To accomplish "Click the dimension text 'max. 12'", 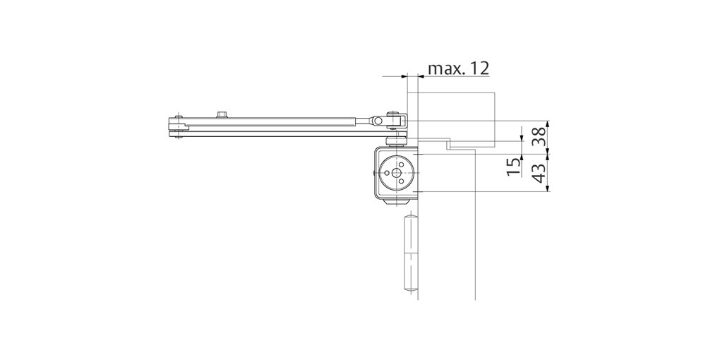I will (458, 68).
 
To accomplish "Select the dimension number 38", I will (540, 135).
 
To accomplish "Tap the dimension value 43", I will (540, 172).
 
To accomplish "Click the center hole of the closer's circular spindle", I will (395, 172).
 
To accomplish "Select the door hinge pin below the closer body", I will (408, 254).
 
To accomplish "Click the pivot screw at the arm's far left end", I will (178, 127).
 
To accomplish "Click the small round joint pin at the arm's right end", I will (379, 122).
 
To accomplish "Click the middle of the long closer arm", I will (275, 125).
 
